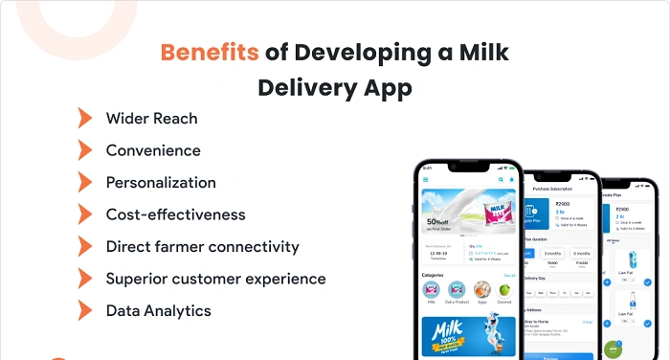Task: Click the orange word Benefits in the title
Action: point(209,52)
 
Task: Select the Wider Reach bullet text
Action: point(151,119)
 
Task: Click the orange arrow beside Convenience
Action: point(85,150)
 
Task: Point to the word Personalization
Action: point(161,182)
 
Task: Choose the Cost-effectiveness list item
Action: point(175,214)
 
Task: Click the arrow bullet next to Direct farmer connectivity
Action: point(85,246)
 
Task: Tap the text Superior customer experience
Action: point(215,279)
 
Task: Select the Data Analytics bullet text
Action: point(158,310)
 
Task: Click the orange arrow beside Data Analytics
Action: point(85,310)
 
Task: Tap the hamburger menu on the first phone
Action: point(426,179)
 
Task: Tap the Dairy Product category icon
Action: point(456,288)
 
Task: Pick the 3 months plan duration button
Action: point(552,253)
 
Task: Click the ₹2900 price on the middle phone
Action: point(563,203)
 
